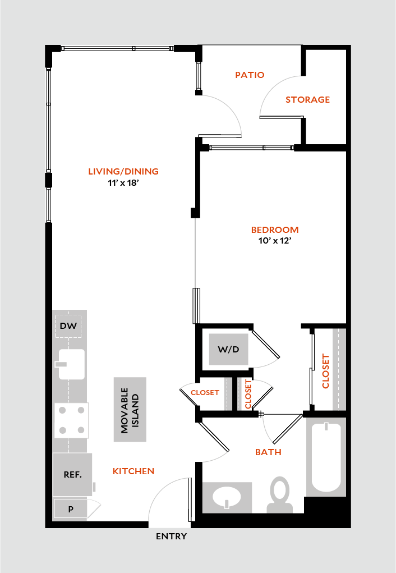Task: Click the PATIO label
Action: click(x=250, y=75)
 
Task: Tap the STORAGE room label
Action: click(x=307, y=100)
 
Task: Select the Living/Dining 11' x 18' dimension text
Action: click(x=123, y=183)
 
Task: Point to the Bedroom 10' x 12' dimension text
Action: click(x=275, y=241)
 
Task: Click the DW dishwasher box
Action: click(x=68, y=326)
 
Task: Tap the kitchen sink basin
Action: click(x=72, y=364)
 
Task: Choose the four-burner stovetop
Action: click(x=72, y=420)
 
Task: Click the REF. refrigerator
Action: click(x=72, y=475)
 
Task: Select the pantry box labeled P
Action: click(x=71, y=508)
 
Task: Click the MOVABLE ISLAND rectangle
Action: click(x=130, y=410)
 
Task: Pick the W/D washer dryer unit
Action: click(x=229, y=349)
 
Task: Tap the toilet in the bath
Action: click(x=280, y=495)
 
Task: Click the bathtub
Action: click(x=326, y=457)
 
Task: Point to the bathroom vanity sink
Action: click(x=227, y=497)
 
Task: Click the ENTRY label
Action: click(x=171, y=537)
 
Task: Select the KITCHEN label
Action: click(x=133, y=471)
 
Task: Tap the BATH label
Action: click(x=269, y=452)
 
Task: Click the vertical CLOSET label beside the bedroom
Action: click(x=325, y=371)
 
